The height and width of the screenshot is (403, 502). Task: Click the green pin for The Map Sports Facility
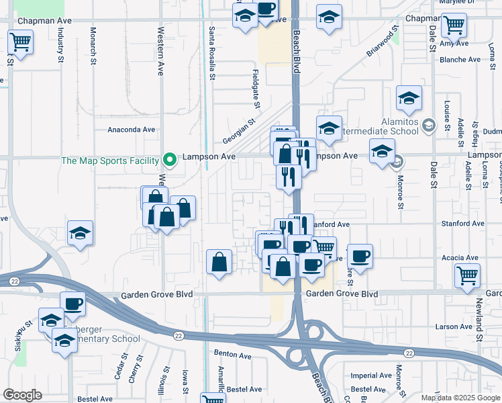170,160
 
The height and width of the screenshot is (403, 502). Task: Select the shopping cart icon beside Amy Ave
454,26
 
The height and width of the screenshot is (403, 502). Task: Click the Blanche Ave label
460,60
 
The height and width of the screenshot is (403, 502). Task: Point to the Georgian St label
240,132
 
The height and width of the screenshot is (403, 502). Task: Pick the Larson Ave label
454,326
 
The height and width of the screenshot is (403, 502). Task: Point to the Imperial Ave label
372,375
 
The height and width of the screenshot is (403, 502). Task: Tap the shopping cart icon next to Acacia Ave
467,274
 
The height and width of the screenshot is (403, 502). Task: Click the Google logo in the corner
21,395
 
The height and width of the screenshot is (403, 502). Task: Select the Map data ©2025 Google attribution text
461,398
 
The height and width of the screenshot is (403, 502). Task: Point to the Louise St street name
447,114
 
